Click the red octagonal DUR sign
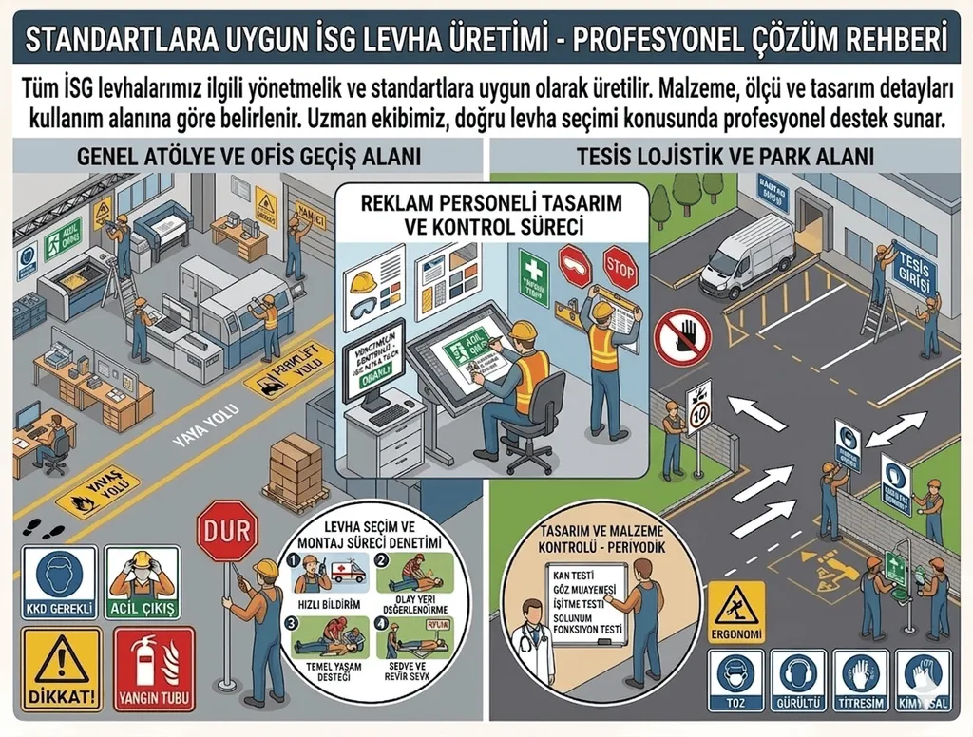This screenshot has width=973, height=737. coord(227,531)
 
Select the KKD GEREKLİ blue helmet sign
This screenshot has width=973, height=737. coord(59,581)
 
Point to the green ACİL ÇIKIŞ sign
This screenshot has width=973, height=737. coord(143,581)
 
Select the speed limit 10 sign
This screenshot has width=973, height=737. coord(699,403)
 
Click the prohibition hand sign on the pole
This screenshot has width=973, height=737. coord(681,336)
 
